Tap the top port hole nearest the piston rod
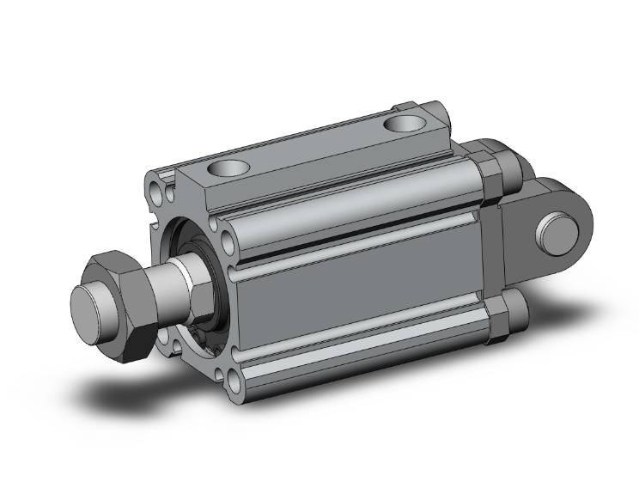click(229, 167)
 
